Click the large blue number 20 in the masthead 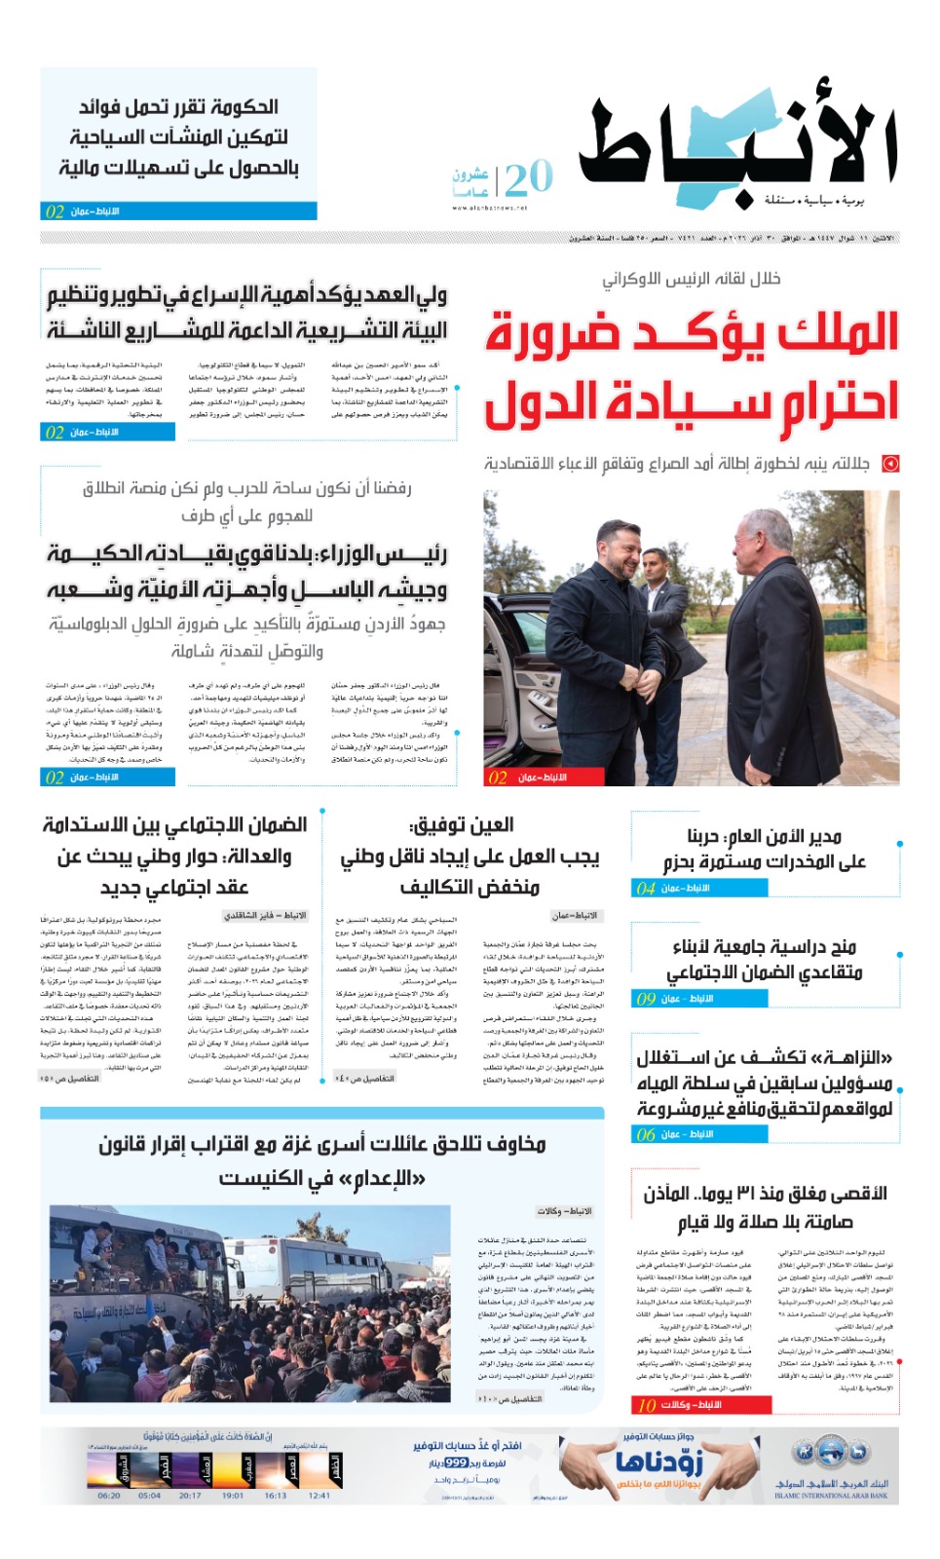[529, 178]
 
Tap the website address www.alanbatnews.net [489, 208]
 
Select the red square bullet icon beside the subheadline [889, 464]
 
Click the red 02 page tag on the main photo [498, 778]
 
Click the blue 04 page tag [646, 889]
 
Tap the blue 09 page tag [646, 999]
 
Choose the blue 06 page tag [646, 1134]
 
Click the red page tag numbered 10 [647, 1405]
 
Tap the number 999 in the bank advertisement [456, 1464]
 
